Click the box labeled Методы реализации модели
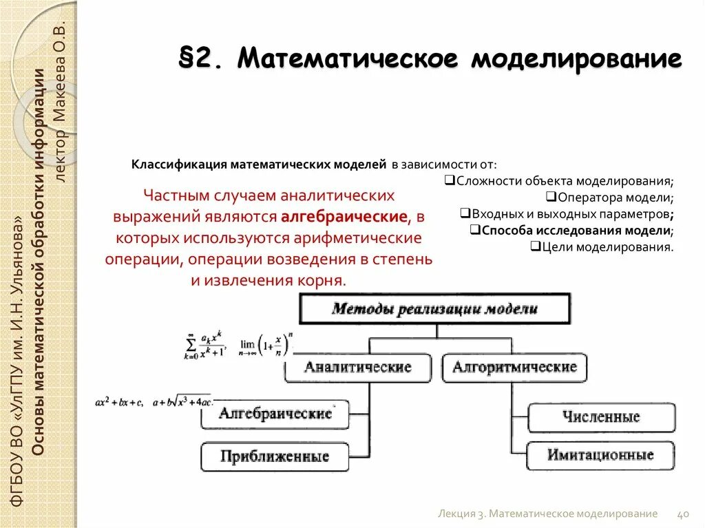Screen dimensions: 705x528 click(x=434, y=308)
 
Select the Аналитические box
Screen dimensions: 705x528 click(x=358, y=368)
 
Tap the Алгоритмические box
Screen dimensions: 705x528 click(x=514, y=368)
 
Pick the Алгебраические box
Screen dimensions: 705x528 click(x=275, y=414)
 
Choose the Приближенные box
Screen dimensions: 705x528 click(x=275, y=456)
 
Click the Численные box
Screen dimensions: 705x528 click(x=601, y=416)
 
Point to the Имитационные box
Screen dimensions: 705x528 click(x=601, y=455)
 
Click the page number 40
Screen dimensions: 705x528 click(x=684, y=514)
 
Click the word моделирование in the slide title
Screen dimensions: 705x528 click(x=576, y=59)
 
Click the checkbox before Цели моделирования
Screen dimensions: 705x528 click(x=534, y=246)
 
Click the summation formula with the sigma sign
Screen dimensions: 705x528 click(x=205, y=346)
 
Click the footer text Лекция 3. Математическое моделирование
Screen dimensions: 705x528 click(x=548, y=514)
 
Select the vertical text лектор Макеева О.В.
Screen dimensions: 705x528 click(x=61, y=103)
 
